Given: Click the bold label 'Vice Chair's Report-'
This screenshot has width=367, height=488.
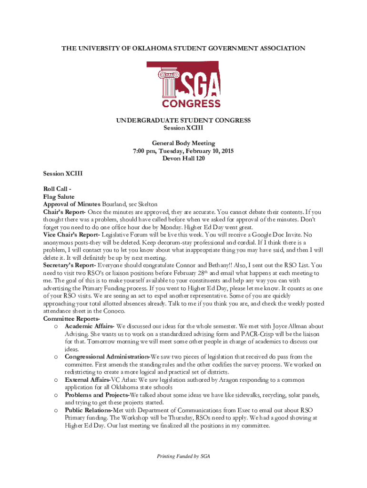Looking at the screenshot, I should (71, 234).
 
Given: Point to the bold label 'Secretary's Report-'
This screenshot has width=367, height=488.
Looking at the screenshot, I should (70, 265).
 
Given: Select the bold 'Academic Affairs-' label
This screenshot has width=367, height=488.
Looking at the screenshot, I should (90, 326).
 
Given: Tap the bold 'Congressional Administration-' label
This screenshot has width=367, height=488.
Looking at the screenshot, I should (108, 356).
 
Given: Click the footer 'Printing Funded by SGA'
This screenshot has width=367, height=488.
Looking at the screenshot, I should (183, 456).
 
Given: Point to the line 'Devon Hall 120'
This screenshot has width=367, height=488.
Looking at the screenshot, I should (183, 158).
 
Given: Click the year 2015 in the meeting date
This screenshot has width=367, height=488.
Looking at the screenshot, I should (226, 151).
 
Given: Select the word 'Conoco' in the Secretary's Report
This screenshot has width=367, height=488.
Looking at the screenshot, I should (114, 311).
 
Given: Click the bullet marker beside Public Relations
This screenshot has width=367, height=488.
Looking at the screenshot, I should (56, 410).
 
